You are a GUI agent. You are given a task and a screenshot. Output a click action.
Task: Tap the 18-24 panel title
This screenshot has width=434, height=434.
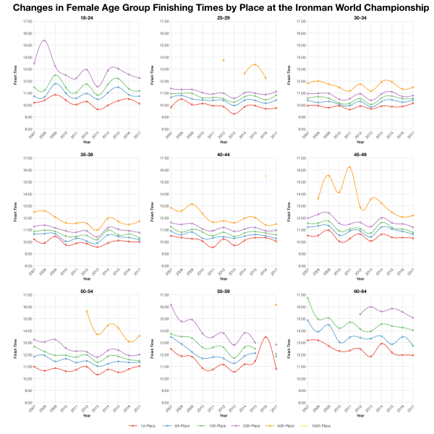[86, 16]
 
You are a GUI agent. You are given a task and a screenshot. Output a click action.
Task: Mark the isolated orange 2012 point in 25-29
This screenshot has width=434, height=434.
[223, 60]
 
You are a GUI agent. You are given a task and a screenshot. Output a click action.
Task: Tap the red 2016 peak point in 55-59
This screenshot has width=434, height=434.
[265, 337]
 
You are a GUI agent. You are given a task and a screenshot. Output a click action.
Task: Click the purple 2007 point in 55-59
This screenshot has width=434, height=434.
[170, 304]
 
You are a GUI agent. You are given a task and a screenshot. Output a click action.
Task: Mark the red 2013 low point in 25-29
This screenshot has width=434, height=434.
[234, 114]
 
